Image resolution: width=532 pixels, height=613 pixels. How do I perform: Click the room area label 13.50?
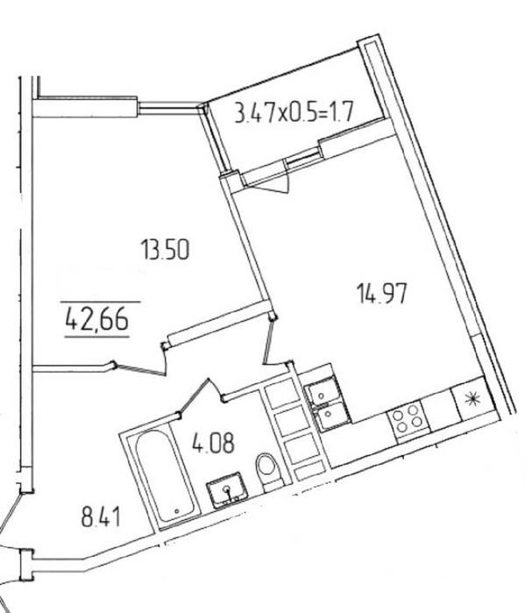(x=166, y=250)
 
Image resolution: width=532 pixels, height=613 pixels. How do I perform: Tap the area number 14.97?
(x=382, y=293)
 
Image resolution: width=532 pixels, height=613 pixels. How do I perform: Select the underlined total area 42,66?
(x=97, y=318)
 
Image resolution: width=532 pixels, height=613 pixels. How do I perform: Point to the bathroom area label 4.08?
(x=213, y=443)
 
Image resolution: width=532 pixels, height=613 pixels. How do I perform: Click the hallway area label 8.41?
(x=101, y=516)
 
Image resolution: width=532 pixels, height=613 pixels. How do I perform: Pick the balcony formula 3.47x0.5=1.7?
(x=294, y=112)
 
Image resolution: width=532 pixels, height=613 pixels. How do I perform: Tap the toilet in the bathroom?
(x=269, y=471)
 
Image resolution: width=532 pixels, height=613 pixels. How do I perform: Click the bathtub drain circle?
(x=176, y=510)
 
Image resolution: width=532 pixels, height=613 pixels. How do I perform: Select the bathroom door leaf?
(x=194, y=396)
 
